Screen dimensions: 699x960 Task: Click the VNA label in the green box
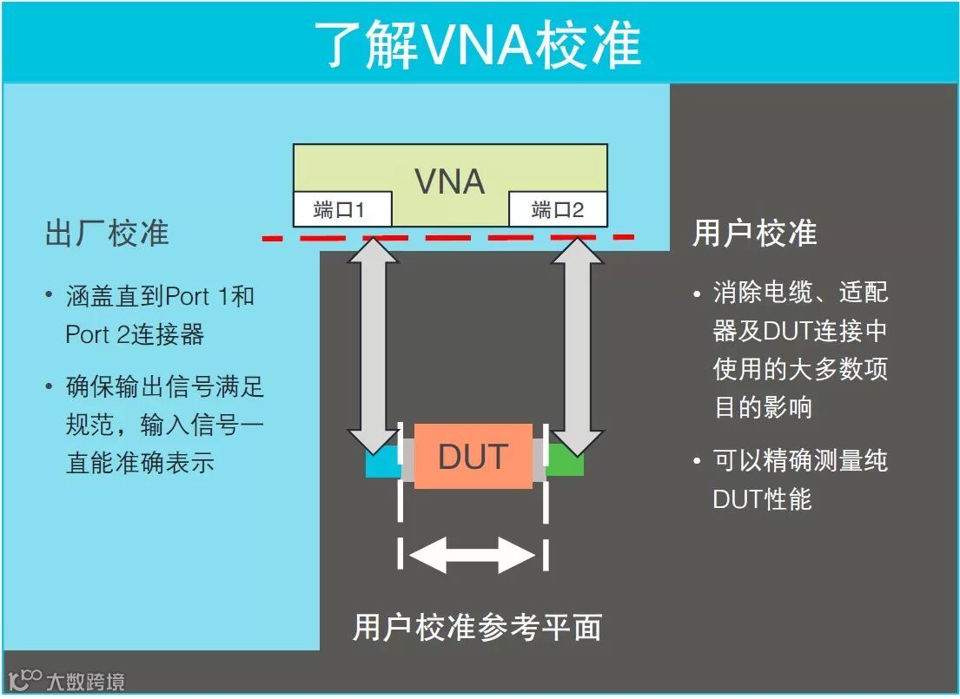point(449,181)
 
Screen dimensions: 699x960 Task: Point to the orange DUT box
point(473,456)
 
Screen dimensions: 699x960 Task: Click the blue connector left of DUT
point(381,464)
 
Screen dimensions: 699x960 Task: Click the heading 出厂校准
point(107,233)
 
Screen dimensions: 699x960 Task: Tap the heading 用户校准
point(754,233)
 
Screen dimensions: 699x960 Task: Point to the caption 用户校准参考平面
point(477,627)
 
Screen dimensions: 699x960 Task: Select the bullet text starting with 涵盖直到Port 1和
point(161,314)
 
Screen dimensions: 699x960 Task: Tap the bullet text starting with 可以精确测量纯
point(799,479)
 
